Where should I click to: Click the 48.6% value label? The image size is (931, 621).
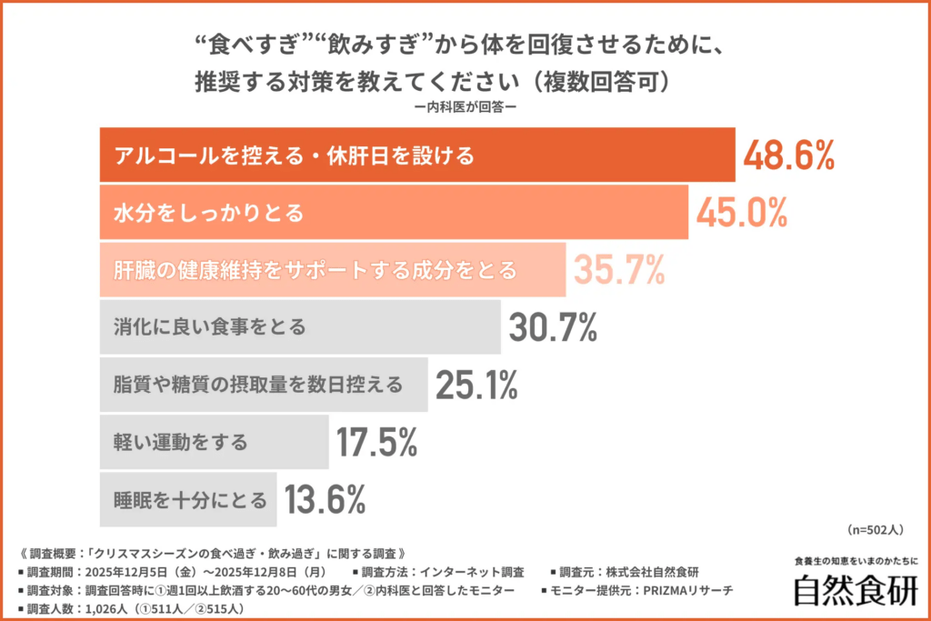(788, 156)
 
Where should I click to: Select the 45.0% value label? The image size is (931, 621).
(741, 213)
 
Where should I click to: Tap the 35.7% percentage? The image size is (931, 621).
(617, 270)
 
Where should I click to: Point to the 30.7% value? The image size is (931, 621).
(552, 327)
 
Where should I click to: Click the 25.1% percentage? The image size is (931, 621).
(476, 385)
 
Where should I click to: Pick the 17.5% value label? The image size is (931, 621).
(376, 442)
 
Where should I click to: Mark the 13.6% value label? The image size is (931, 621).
(325, 499)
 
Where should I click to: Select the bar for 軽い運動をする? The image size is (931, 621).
(213, 443)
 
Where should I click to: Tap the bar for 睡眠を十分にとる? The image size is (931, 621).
(186, 500)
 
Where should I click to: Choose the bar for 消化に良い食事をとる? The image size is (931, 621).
(299, 327)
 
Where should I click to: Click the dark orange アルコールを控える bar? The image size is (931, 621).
(415, 156)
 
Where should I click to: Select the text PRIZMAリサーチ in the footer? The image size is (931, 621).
(686, 591)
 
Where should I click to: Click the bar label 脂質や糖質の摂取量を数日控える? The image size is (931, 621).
(258, 385)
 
